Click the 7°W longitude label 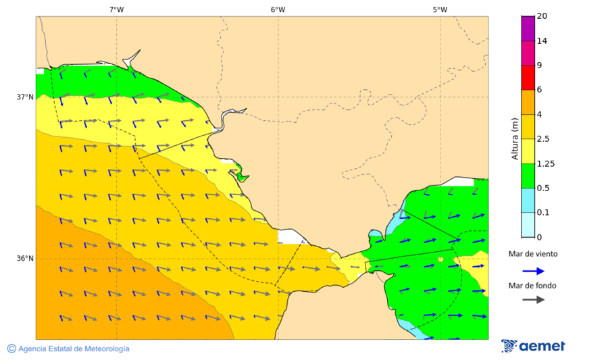click(x=116, y=9)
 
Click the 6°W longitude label click(x=278, y=9)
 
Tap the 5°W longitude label click(x=440, y=9)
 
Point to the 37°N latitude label click(x=25, y=97)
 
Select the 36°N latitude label click(x=25, y=258)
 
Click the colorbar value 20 click(x=542, y=16)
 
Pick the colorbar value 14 click(x=542, y=41)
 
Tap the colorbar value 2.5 click(x=543, y=139)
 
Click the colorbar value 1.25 click(x=545, y=163)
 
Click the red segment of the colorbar click(x=527, y=77)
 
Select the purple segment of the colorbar click(x=527, y=28)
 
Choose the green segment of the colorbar click(x=527, y=176)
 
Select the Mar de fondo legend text click(x=533, y=285)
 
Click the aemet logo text click(x=542, y=346)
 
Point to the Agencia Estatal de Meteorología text click(x=74, y=349)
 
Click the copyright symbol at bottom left click(x=11, y=349)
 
